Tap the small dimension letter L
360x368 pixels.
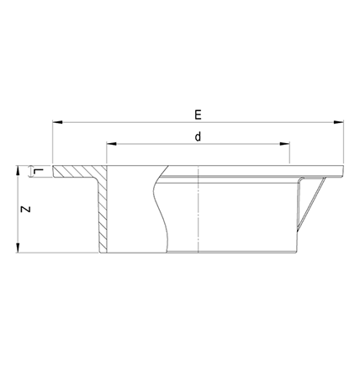39,172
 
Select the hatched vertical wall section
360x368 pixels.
102,215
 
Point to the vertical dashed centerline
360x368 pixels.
199,211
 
